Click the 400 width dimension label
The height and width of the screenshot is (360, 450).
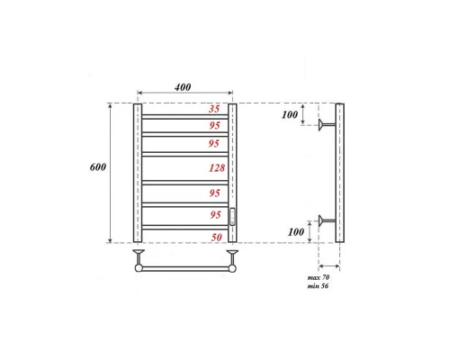pos(184,86)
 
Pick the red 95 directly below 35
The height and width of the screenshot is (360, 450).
pos(214,125)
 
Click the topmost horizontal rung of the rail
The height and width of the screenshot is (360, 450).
pos(185,115)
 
